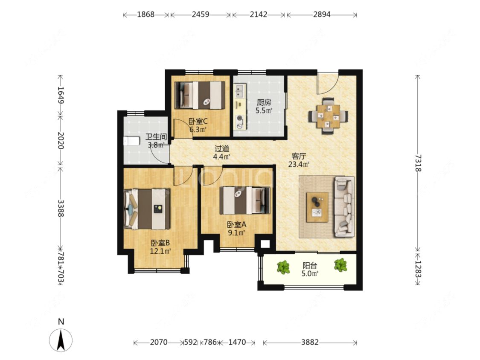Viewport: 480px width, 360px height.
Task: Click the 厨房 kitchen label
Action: pyautogui.click(x=264, y=102)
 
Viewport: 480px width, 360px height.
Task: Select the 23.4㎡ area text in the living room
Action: pyautogui.click(x=299, y=164)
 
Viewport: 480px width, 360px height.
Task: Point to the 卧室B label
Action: pyautogui.click(x=160, y=243)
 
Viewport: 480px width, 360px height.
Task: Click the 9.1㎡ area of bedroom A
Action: pyautogui.click(x=236, y=233)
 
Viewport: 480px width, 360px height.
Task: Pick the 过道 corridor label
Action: pyautogui.click(x=221, y=149)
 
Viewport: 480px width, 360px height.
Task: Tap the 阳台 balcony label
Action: pyautogui.click(x=309, y=265)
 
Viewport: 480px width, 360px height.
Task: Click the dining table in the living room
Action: pyautogui.click(x=328, y=116)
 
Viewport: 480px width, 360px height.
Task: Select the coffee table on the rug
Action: pyautogui.click(x=317, y=207)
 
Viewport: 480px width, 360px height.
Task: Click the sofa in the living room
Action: pyautogui.click(x=344, y=207)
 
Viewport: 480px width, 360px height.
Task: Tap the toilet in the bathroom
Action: pyautogui.click(x=131, y=141)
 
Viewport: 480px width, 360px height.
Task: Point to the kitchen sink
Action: pyautogui.click(x=239, y=90)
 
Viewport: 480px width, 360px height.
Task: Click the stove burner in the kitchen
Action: pyautogui.click(x=239, y=118)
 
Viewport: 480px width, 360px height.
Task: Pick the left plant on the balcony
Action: pyautogui.click(x=283, y=267)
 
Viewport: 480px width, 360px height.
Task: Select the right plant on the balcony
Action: pyautogui.click(x=340, y=265)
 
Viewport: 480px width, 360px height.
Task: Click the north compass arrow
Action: pyautogui.click(x=61, y=340)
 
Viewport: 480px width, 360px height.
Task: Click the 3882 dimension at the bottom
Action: pyautogui.click(x=310, y=342)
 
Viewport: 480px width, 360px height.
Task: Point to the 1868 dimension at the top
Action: pyautogui.click(x=145, y=15)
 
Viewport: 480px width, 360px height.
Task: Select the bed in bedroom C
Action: pyautogui.click(x=199, y=95)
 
